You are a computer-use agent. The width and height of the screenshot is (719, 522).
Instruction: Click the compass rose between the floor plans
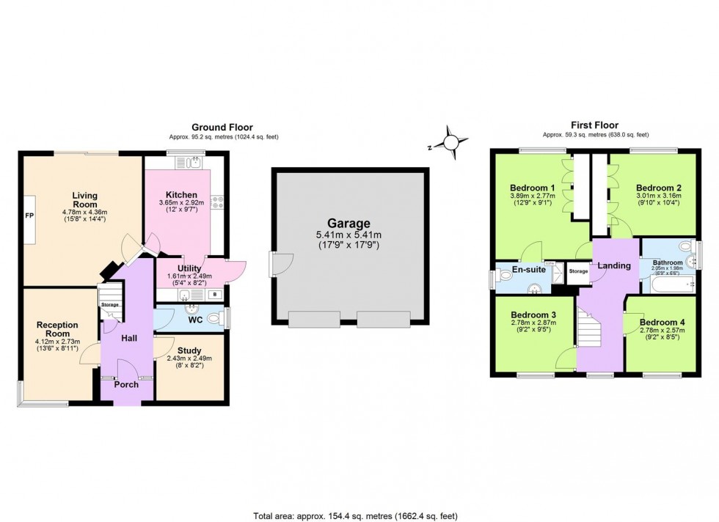449,141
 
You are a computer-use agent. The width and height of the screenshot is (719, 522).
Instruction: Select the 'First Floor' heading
594,125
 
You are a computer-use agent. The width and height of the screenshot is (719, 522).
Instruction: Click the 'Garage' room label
348,224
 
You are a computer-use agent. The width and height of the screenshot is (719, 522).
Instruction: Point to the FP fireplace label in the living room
29,217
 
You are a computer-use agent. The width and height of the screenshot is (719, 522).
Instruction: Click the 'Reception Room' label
57,328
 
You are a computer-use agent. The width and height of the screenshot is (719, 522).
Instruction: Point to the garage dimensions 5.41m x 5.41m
348,235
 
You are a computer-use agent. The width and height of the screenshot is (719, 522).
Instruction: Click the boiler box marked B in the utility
214,295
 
